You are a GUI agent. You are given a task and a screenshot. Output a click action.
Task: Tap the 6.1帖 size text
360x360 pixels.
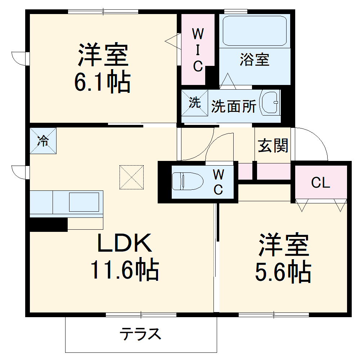102,83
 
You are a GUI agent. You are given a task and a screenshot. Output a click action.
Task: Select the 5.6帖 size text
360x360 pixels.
283,273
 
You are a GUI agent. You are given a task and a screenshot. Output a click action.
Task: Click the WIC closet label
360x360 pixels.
198,50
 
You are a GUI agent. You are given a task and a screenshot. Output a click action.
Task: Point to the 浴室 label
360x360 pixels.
255,60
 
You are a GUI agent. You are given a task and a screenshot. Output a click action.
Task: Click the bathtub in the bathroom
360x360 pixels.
255,30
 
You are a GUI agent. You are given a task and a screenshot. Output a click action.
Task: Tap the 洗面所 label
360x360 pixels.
234,106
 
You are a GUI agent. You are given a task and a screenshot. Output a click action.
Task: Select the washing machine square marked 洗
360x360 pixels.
195,103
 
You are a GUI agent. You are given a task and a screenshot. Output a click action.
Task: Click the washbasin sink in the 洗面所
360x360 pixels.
270,103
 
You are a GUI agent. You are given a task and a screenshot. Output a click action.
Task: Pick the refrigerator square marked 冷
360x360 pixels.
43,141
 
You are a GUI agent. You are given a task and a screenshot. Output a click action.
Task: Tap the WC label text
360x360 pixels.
218,182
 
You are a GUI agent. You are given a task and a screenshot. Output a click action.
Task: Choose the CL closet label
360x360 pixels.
320,183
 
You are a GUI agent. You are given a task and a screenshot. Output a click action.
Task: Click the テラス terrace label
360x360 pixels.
140,334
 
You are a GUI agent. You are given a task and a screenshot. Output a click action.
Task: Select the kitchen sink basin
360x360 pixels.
84,202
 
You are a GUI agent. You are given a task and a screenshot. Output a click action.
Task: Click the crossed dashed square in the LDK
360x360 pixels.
131,177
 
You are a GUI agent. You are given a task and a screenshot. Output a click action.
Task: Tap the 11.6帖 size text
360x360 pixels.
125,271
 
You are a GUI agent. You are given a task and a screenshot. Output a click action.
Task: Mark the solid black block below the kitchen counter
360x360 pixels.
49,224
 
